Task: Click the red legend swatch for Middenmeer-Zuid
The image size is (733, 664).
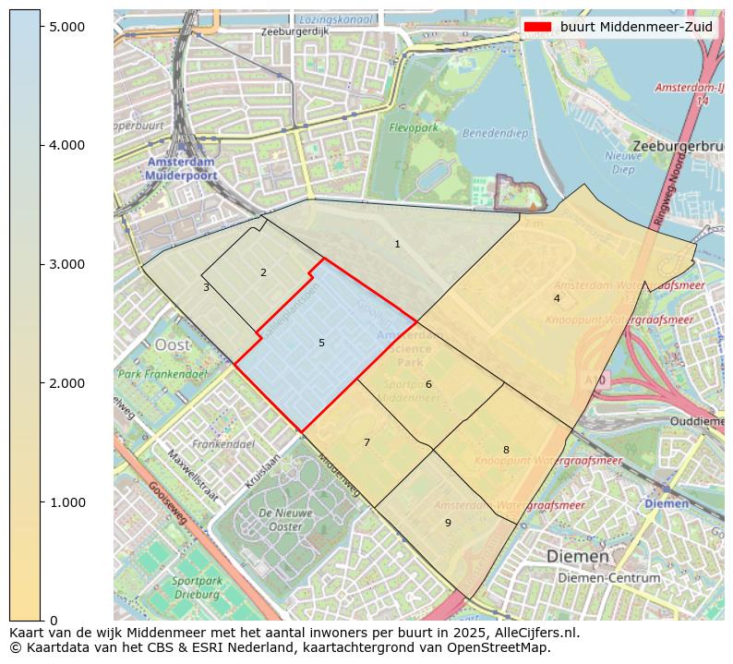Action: point(537,27)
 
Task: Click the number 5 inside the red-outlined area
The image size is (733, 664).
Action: point(321,343)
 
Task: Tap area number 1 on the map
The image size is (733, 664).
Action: point(397,244)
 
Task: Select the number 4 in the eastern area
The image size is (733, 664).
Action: point(557,298)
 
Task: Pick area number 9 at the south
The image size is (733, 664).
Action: point(448,523)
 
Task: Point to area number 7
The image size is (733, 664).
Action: point(366,442)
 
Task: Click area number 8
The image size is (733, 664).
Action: point(506,450)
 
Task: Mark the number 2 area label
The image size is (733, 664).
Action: point(263,272)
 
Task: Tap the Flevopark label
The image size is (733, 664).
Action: point(414,127)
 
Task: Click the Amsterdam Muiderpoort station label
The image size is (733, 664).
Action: point(181,168)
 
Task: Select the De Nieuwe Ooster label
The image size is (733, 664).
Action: point(280,519)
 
